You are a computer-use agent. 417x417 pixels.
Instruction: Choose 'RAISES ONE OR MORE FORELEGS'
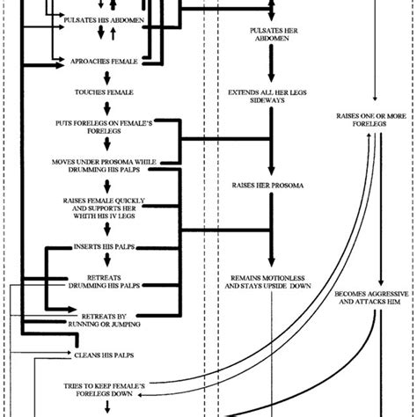coord(370,121)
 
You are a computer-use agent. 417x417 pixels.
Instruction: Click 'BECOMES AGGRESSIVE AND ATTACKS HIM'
coord(370,295)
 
